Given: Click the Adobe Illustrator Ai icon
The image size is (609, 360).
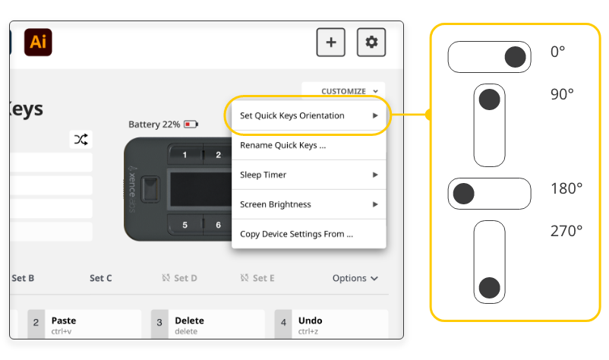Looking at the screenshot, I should click(x=38, y=43).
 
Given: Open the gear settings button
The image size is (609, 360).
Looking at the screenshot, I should click(x=371, y=43).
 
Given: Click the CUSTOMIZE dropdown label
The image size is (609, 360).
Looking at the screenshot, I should click(x=343, y=91).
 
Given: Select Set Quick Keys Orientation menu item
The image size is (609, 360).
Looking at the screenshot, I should click(x=292, y=115).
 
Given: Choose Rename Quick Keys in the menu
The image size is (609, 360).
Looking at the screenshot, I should click(x=282, y=145).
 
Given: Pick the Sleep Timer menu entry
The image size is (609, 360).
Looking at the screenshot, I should click(x=263, y=175).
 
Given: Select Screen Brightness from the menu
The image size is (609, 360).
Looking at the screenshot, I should click(x=276, y=204).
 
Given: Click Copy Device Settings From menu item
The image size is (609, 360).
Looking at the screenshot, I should click(x=296, y=234).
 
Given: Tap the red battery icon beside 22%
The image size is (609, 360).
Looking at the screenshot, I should click(x=190, y=124).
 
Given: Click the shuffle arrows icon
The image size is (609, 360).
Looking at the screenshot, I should click(x=81, y=139).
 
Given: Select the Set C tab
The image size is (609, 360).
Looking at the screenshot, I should click(x=101, y=278).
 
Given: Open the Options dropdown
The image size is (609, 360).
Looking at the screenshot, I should click(x=355, y=278).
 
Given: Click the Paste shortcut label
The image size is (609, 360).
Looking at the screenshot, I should click(x=64, y=321).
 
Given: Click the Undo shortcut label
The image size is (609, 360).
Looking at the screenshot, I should click(x=310, y=321).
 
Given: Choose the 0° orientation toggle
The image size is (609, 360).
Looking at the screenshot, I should click(x=489, y=57).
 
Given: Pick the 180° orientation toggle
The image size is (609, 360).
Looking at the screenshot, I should click(x=489, y=194).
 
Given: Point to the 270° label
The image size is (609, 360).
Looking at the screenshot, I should click(x=566, y=231).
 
